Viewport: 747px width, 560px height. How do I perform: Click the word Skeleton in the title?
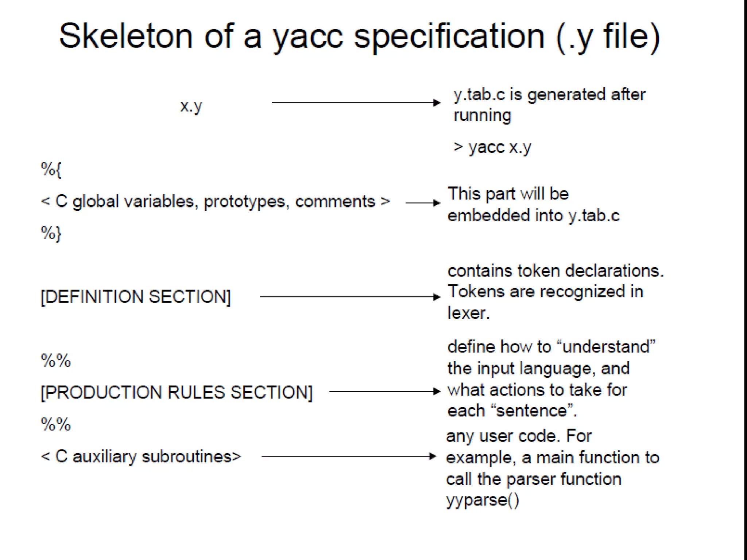(x=125, y=36)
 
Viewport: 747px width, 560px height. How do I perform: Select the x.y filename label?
(x=191, y=106)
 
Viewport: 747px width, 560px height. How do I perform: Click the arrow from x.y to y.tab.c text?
(x=356, y=103)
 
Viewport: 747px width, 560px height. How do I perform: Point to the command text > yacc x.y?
(x=492, y=147)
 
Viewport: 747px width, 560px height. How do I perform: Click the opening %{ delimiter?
(x=51, y=170)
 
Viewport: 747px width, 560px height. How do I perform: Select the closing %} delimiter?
(x=51, y=233)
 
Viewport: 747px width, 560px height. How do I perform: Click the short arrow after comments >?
(x=423, y=203)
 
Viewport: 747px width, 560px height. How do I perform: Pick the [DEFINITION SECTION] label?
(x=136, y=297)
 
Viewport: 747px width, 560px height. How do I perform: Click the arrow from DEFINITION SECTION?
(x=349, y=297)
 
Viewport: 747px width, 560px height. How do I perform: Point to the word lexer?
(x=468, y=313)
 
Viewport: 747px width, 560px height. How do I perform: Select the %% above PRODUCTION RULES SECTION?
(x=55, y=361)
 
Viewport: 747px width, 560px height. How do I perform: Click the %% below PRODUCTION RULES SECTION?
(x=55, y=424)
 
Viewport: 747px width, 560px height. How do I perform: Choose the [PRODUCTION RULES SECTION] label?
(x=177, y=393)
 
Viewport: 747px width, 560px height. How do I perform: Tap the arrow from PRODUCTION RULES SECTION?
(x=384, y=392)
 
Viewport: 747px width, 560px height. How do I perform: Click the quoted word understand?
(x=606, y=347)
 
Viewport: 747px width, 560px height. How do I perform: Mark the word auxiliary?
(x=104, y=457)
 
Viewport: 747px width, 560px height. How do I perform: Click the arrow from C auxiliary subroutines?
(x=348, y=456)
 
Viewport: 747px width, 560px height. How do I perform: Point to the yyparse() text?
(x=482, y=500)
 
